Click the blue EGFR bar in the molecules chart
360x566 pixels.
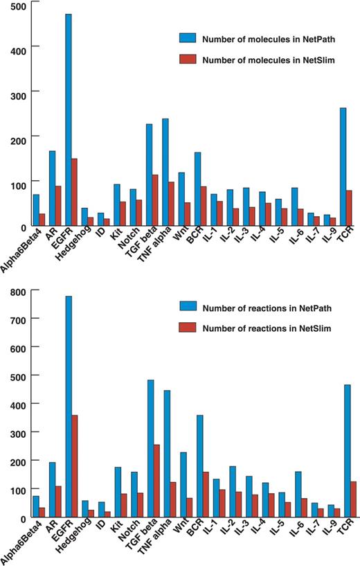[x=68, y=118]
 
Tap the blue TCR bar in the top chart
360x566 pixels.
[x=343, y=166]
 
